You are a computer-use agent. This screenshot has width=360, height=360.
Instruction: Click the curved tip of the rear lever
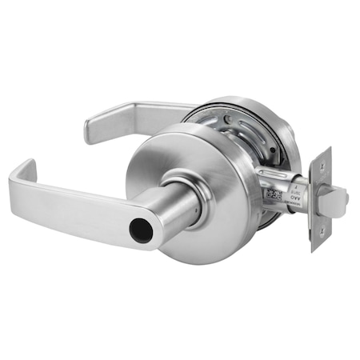click(90, 127)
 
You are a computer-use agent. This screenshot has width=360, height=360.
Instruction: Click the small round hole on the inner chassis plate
click(229, 119)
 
